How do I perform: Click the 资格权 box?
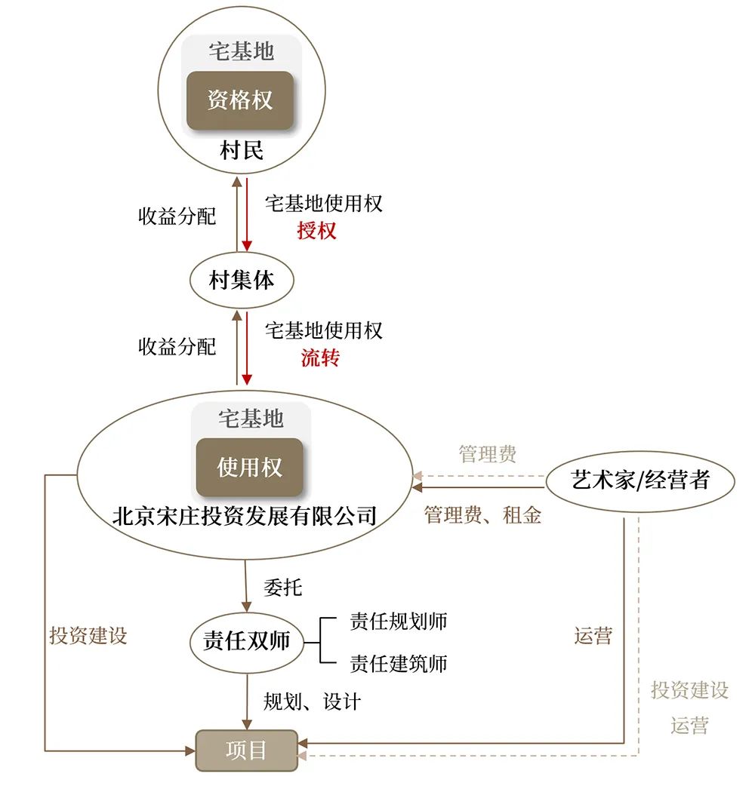click(x=240, y=100)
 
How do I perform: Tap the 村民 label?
click(x=242, y=150)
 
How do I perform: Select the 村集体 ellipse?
click(x=242, y=281)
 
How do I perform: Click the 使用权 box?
click(x=250, y=467)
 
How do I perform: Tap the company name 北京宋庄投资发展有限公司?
click(x=244, y=517)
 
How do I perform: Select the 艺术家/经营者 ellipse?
click(x=640, y=480)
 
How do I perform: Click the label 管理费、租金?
click(x=482, y=515)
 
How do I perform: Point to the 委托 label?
click(x=283, y=587)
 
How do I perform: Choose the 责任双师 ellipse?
click(x=247, y=642)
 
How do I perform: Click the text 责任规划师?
click(x=398, y=621)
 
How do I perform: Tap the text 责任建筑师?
click(x=398, y=663)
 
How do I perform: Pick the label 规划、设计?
click(x=312, y=702)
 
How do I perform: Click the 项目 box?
click(x=247, y=751)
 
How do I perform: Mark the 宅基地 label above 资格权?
click(x=241, y=51)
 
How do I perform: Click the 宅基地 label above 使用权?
click(x=251, y=418)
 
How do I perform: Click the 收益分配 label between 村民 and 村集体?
click(x=177, y=217)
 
